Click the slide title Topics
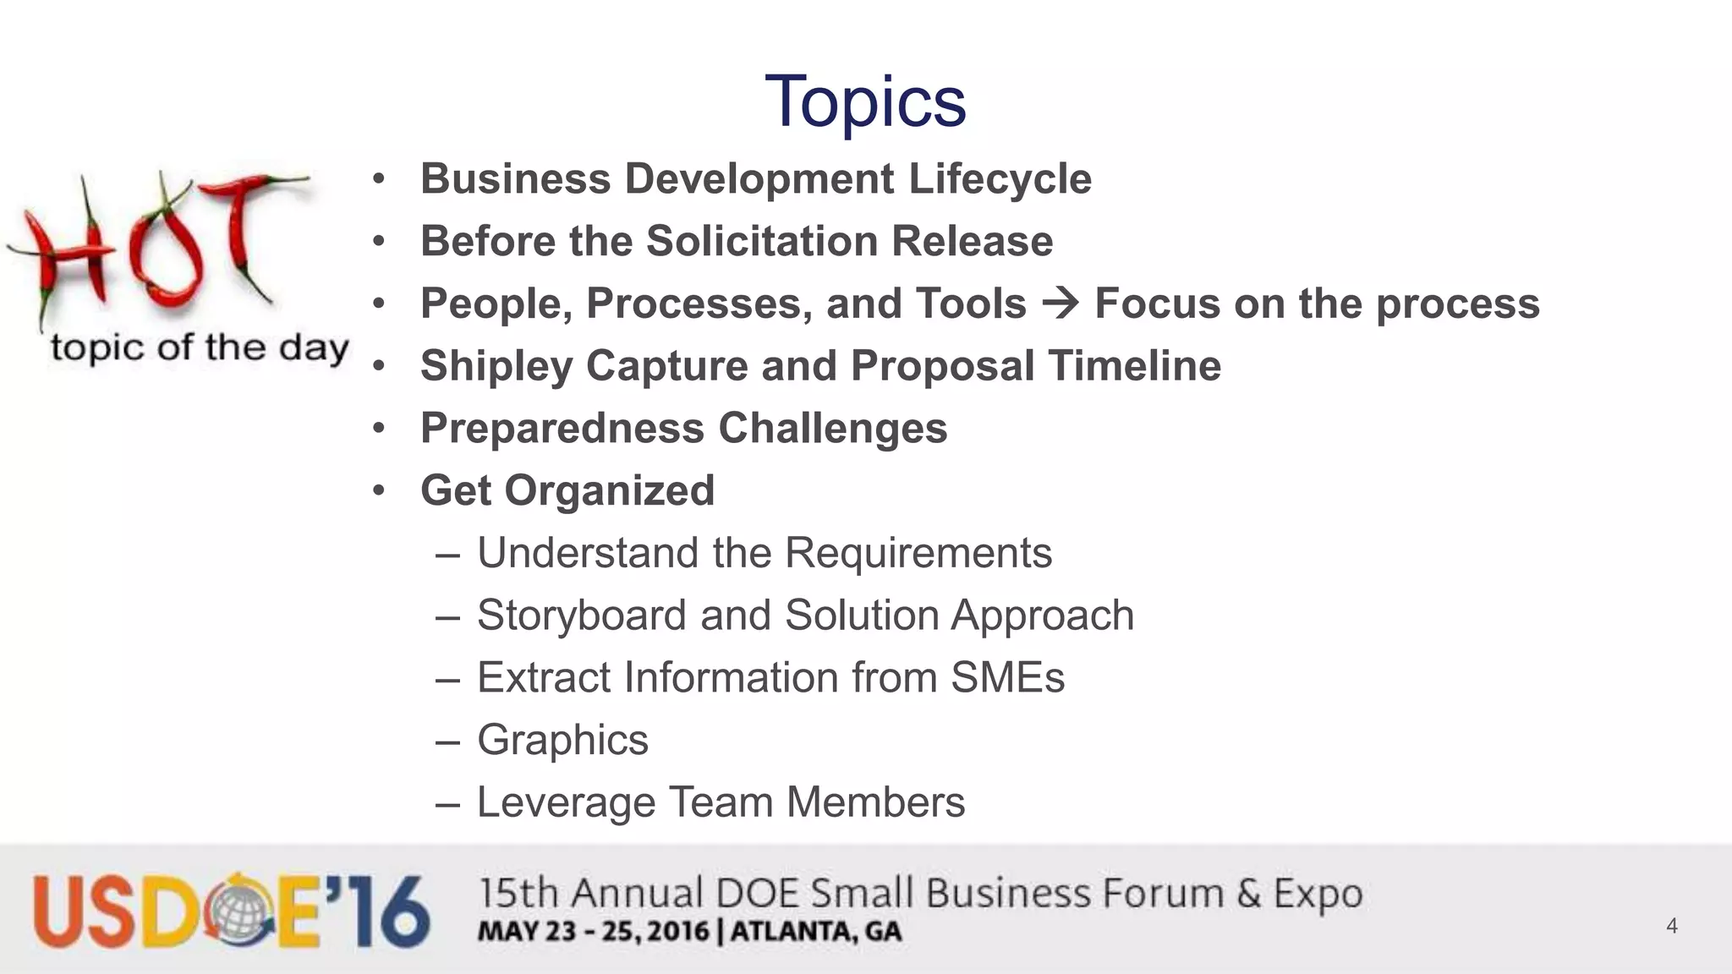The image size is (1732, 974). tap(864, 101)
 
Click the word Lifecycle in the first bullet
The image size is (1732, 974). tap(1000, 179)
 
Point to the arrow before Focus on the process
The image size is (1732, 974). tap(1061, 304)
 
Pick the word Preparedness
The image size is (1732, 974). tap(562, 429)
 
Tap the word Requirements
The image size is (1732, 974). tap(918, 554)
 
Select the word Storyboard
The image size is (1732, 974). tap(582, 616)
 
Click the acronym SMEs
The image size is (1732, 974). tap(1007, 678)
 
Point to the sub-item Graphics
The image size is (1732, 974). tap(562, 741)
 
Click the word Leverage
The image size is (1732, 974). tap(566, 803)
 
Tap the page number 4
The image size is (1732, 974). tap(1671, 926)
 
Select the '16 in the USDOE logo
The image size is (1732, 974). tap(377, 911)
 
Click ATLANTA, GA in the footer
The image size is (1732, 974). tap(816, 932)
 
